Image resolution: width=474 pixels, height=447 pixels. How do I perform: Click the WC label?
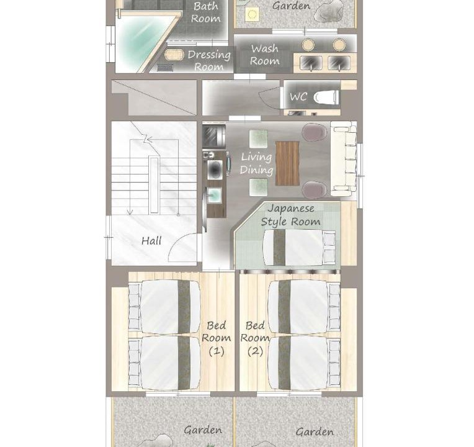pos(298,97)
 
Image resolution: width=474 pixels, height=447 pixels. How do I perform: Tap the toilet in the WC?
pos(326,97)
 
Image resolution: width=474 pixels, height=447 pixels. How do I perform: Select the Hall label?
pos(151,241)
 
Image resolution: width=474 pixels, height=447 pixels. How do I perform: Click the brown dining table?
pos(287,163)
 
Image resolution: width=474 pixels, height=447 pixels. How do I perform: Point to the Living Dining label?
pos(256,163)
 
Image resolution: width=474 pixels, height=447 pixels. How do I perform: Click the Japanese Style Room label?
pos(290,215)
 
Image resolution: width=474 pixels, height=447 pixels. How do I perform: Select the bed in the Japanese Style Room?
pos(299,248)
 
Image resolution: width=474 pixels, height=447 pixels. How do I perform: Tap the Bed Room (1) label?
pos(216,338)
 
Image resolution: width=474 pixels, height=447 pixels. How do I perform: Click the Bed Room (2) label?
pos(255,338)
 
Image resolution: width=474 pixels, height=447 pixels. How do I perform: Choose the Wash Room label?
pos(264,55)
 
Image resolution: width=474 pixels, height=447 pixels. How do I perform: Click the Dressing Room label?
pos(209,60)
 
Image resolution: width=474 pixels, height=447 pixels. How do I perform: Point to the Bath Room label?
pos(205,12)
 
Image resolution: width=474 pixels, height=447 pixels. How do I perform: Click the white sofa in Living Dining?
pos(344,159)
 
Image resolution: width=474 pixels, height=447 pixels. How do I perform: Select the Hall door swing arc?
pos(177,243)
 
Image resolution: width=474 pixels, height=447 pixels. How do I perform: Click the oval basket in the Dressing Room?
pos(174,55)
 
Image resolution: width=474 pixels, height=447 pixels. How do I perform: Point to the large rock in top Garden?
pos(329,12)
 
